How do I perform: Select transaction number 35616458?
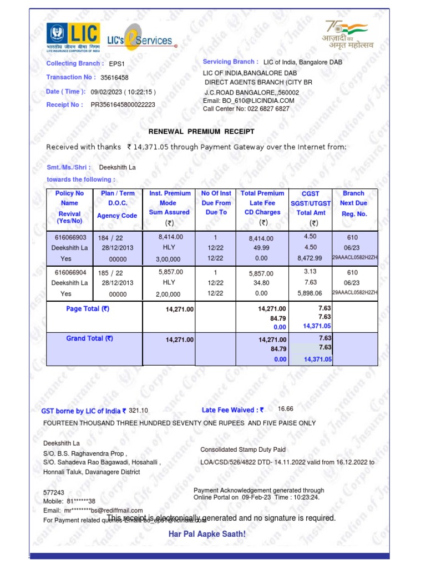114,78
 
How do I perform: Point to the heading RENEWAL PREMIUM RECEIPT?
201,132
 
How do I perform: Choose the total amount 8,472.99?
310,258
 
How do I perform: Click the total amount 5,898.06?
310,293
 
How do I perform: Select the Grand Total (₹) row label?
89,338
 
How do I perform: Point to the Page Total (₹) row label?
88,309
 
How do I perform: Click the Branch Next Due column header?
353,203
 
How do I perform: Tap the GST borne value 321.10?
139,410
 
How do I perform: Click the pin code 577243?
54,492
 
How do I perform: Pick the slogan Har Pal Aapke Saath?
206,534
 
